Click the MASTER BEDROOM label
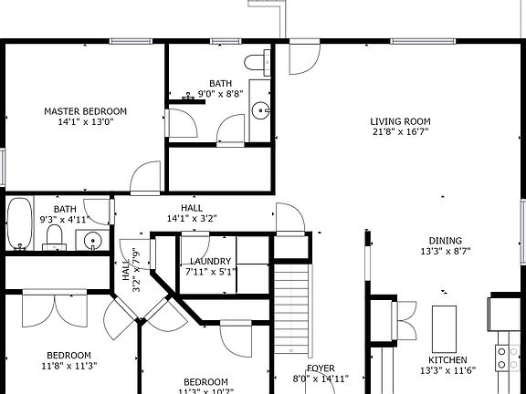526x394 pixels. pyautogui.click(x=86, y=111)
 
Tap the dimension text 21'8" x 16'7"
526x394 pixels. pyautogui.click(x=400, y=132)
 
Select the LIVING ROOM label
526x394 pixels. pyautogui.click(x=400, y=121)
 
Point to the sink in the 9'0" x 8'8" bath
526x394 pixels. pyautogui.click(x=261, y=111)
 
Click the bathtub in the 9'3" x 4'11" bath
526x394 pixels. pyautogui.click(x=20, y=225)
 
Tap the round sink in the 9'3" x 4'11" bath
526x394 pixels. pyautogui.click(x=91, y=242)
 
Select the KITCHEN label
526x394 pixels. pyautogui.click(x=448, y=360)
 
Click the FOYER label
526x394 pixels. pyautogui.click(x=320, y=368)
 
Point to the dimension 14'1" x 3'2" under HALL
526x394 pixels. pyautogui.click(x=192, y=219)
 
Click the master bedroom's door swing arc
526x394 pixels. pyautogui.click(x=146, y=178)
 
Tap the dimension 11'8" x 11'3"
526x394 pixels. pyautogui.click(x=69, y=366)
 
